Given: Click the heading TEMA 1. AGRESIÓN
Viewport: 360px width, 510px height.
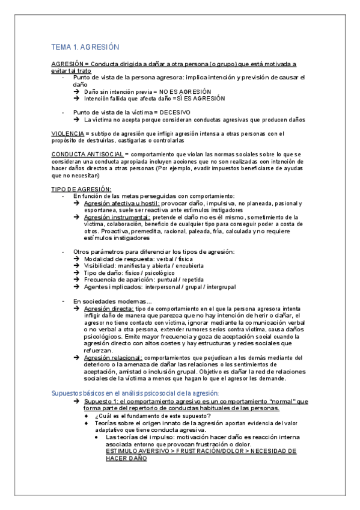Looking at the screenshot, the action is (86, 47).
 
